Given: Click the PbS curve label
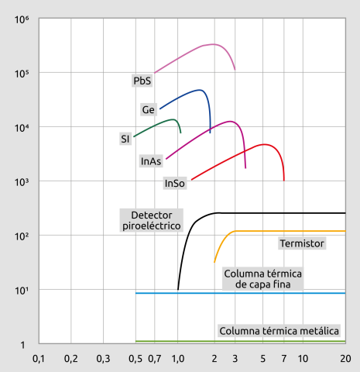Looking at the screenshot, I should point(142,80).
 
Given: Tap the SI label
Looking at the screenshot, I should point(125,139).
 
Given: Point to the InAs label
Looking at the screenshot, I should point(151,161).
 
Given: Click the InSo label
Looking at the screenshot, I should point(174,184).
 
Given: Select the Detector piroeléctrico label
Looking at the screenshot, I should point(152,220).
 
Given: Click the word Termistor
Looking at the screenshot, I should point(301,243).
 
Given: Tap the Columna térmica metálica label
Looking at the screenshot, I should point(279,331).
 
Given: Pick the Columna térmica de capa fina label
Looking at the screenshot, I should point(262,279).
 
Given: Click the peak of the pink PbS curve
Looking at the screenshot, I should point(213,44).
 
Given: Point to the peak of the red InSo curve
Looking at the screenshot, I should point(264,144).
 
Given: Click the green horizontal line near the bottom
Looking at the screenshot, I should point(240,341).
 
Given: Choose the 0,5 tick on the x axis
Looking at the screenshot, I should point(135,359).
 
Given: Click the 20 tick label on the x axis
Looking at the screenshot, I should point(345,359).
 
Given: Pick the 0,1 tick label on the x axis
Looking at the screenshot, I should point(38,359).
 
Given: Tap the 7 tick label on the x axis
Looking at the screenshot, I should point(284,359).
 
